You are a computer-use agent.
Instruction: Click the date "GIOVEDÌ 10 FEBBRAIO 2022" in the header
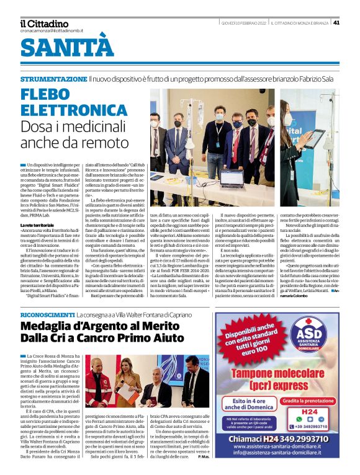click(243, 23)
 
